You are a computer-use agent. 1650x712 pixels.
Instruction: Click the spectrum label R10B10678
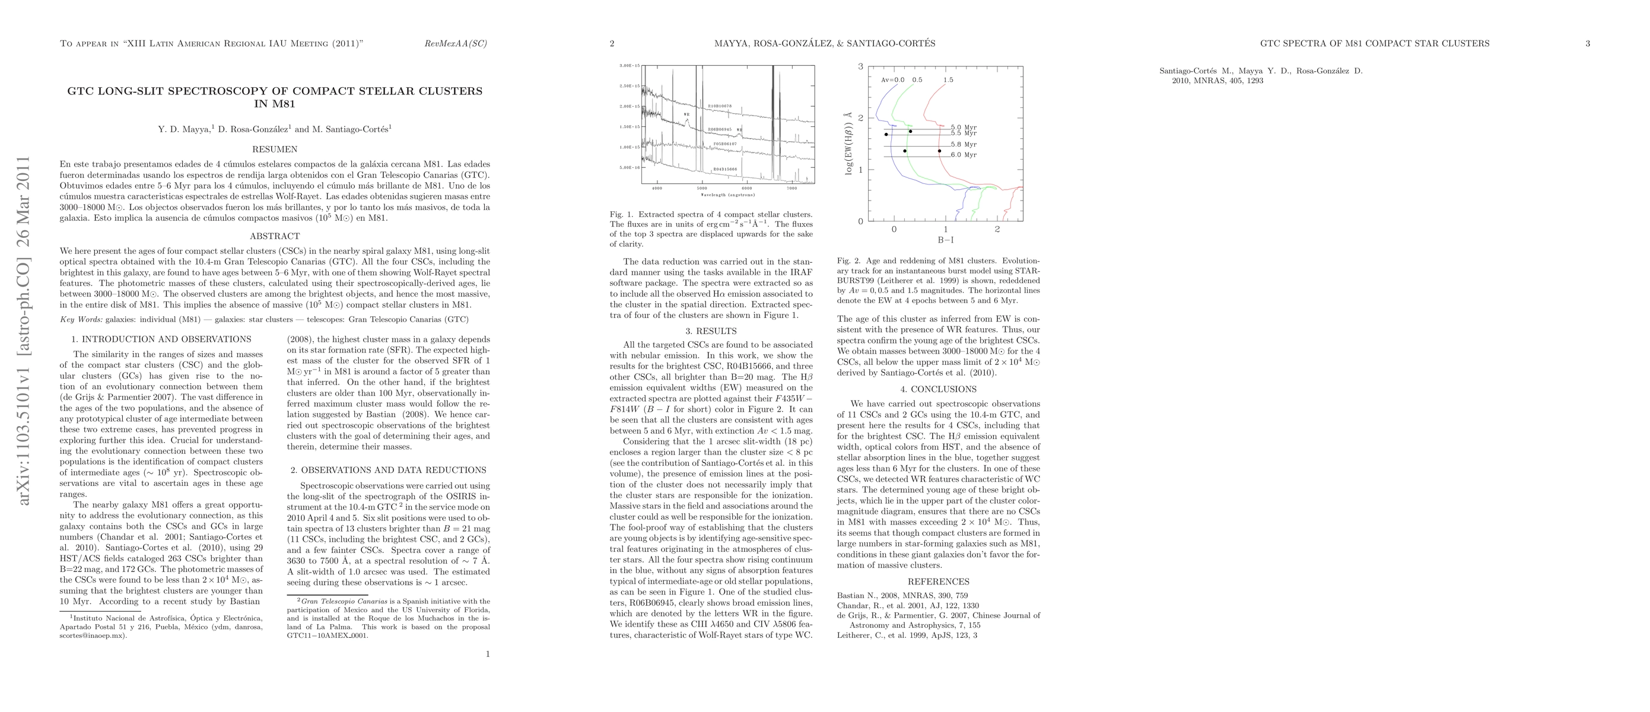click(719, 106)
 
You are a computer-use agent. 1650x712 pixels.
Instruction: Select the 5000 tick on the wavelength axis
click(702, 188)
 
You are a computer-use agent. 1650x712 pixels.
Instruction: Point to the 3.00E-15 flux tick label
click(630, 66)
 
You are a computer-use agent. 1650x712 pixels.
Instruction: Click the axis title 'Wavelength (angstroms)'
click(727, 195)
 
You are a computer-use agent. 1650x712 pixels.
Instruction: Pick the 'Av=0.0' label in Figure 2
click(893, 80)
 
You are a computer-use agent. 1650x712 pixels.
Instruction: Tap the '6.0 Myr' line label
click(964, 155)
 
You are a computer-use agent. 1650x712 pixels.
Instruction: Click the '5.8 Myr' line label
click(964, 145)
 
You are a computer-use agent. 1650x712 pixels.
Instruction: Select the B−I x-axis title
click(945, 240)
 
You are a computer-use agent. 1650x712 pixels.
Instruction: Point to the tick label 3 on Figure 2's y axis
click(861, 66)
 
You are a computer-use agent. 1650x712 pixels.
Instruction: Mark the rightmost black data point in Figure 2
click(940, 151)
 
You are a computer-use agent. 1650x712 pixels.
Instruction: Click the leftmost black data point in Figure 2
click(886, 135)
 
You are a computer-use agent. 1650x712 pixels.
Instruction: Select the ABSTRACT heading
click(274, 236)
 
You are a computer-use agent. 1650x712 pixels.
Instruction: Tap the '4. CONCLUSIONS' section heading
click(939, 389)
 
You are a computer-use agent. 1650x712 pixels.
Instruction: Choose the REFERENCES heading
click(939, 582)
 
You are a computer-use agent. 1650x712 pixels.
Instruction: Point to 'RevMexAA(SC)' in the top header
click(456, 43)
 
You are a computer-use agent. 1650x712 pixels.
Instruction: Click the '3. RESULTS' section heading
click(711, 331)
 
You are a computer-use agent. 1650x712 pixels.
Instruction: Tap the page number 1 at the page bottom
click(488, 654)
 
